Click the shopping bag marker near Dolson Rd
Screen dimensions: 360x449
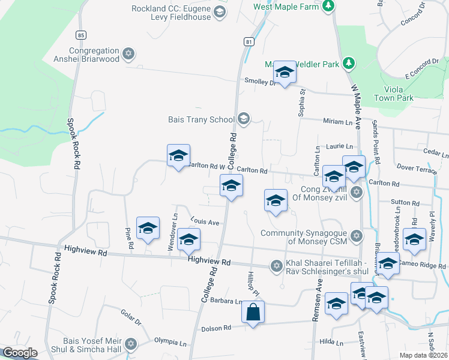(253, 312)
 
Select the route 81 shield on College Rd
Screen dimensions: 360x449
(248, 41)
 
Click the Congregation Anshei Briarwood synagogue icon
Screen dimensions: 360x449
(127, 55)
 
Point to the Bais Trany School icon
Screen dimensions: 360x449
(243, 119)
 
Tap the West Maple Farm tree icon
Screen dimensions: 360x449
(327, 7)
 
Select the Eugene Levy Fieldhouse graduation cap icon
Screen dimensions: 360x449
(219, 12)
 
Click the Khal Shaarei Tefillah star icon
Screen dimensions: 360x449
(276, 265)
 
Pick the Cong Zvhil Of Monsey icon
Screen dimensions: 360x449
(357, 192)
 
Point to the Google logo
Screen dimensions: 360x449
(20, 353)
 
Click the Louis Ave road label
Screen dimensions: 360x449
(205, 222)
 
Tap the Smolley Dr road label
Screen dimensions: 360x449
(259, 82)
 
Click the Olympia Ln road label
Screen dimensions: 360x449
(170, 343)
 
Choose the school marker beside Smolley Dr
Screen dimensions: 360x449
(285, 73)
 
